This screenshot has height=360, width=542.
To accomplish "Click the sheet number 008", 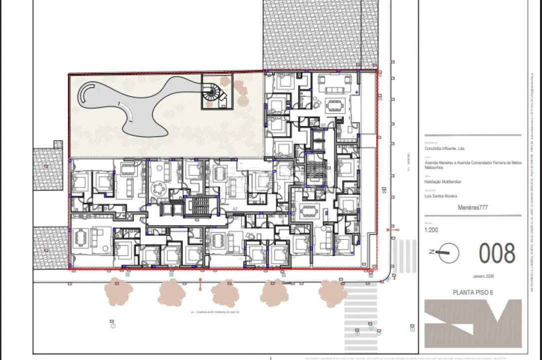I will pos(497,253).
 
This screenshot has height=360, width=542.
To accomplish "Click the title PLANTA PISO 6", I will pos(472,292).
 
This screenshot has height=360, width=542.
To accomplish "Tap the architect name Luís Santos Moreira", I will pos(441,196).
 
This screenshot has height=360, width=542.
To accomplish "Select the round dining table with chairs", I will pos(159,188).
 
